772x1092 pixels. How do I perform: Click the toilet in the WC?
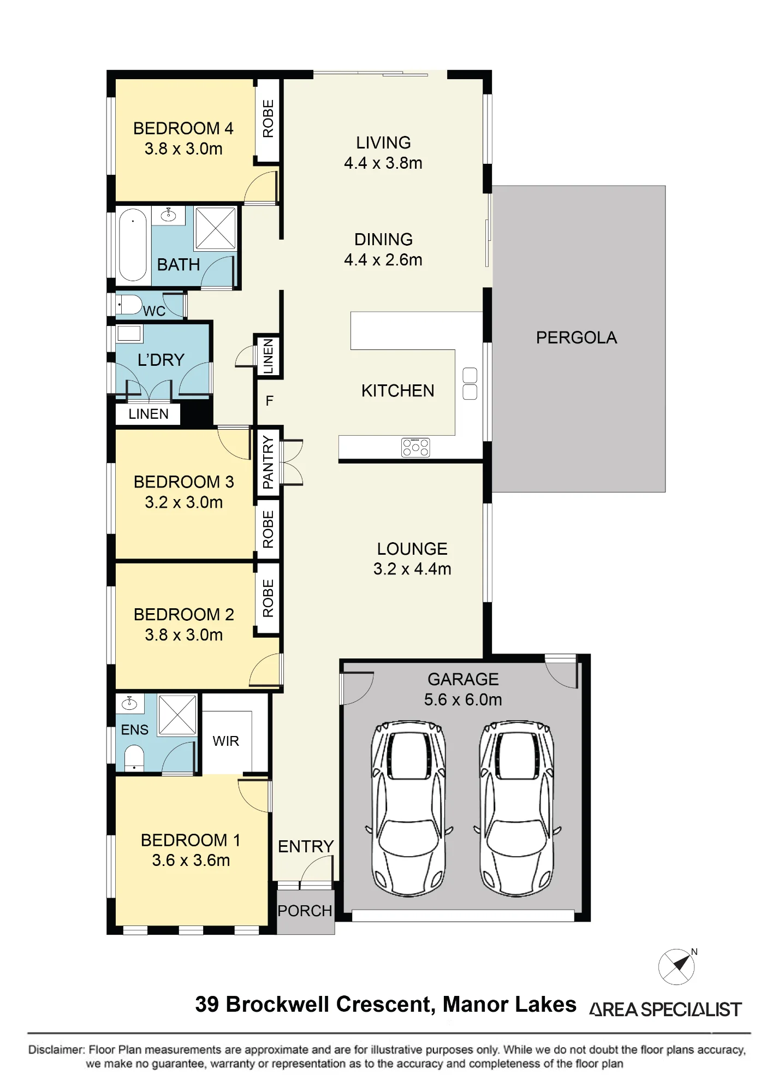(129, 305)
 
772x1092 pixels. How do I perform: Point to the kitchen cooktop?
(415, 447)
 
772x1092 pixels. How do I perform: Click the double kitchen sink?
(470, 384)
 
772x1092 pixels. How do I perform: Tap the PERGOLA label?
(577, 338)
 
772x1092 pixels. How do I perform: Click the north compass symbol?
(677, 966)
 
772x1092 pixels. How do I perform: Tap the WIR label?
(226, 741)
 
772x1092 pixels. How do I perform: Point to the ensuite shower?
(177, 715)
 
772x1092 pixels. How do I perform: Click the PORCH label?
(305, 911)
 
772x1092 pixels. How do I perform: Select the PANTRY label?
(268, 462)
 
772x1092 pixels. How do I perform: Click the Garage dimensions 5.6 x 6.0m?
(463, 699)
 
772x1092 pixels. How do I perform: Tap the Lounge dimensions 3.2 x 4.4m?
(412, 569)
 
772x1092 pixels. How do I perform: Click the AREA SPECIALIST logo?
(666, 1010)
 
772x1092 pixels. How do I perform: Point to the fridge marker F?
(269, 401)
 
